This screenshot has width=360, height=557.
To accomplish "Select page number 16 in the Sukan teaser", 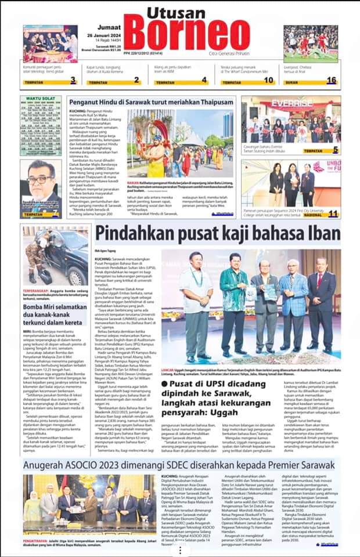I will (331, 80).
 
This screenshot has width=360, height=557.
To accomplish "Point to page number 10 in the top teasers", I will (268, 80).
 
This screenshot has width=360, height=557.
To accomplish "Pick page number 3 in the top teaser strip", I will (73, 80).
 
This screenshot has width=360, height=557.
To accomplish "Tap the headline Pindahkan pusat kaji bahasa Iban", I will (218, 233).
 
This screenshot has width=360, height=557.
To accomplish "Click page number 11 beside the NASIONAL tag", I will (333, 214).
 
